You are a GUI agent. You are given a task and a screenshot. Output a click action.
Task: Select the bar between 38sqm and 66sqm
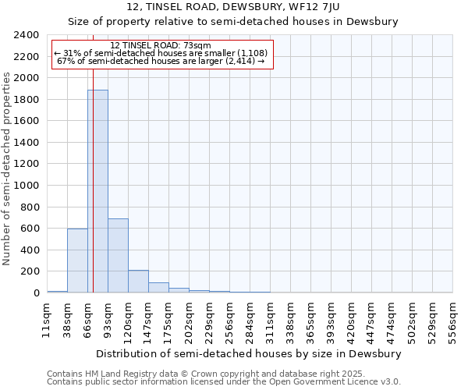click(77, 261)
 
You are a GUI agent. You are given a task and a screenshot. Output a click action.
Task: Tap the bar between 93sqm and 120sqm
click(118, 256)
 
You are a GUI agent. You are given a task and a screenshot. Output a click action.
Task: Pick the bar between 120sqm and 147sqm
click(138, 282)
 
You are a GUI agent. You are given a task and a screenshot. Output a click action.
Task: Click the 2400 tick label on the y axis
click(27, 35)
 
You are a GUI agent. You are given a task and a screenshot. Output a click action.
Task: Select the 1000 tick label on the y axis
click(27, 186)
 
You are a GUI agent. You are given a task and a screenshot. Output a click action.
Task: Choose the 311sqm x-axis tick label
click(270, 321)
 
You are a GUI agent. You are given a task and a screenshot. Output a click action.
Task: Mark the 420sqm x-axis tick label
click(351, 321)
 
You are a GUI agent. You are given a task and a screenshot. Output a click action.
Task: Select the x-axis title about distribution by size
click(250, 353)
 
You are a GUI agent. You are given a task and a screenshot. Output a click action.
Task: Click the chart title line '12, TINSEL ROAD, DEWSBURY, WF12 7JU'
click(233, 7)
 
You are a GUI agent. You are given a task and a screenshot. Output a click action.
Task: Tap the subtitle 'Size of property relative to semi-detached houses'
click(233, 22)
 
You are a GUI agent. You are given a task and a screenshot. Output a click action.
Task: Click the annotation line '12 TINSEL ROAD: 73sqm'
click(161, 46)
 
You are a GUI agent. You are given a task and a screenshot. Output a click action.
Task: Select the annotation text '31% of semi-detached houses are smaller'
click(161, 53)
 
